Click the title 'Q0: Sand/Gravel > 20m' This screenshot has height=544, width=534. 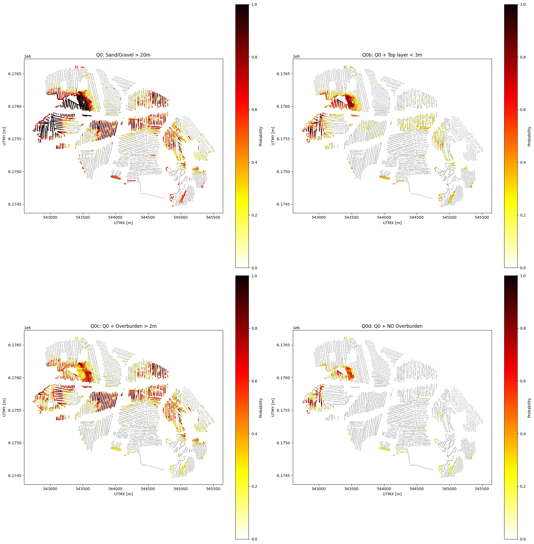[x=123, y=55]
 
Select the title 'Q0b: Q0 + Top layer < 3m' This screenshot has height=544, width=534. [x=392, y=55]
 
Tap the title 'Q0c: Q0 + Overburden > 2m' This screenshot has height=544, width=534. [x=123, y=326]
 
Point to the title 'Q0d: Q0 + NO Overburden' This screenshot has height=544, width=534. [x=392, y=326]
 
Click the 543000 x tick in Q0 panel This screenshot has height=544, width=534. [x=50, y=217]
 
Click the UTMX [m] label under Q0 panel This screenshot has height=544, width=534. [x=123, y=223]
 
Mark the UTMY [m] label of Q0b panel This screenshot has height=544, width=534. [x=273, y=136]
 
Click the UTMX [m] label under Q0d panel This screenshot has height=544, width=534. [x=392, y=494]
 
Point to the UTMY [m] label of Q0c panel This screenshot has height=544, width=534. [x=4, y=407]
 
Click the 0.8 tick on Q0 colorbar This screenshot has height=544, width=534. [x=254, y=57]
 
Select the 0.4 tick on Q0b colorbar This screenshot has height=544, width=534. [x=523, y=163]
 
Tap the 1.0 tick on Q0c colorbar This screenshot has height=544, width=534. [x=254, y=276]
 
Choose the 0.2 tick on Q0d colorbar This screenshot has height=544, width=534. [x=523, y=486]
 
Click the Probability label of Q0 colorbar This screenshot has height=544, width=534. [x=261, y=136]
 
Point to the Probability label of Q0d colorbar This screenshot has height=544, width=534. [x=530, y=407]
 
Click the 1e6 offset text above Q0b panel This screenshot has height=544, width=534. [x=296, y=56]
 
